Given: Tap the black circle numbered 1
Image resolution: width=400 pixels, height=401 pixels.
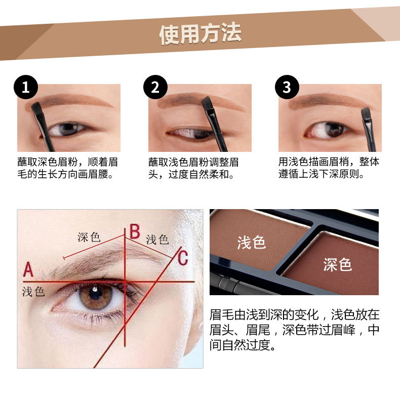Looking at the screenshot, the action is [26, 87].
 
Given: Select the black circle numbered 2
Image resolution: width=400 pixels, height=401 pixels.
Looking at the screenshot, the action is [155, 87].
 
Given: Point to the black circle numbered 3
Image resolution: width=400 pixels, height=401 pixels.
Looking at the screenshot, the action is [287, 87].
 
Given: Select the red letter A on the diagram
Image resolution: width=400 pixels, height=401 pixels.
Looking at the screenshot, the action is [28, 269].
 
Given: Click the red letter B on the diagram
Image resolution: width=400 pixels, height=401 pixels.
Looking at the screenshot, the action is [135, 231].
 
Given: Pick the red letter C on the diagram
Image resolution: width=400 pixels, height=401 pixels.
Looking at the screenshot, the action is [183, 258].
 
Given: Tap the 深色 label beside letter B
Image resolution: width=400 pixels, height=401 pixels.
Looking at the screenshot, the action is [89, 237].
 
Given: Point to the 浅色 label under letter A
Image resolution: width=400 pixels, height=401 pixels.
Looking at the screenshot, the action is [33, 292].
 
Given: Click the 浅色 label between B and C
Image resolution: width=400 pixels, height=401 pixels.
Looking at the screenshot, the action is [157, 240].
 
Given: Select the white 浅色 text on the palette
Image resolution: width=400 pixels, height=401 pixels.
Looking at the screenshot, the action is [252, 243].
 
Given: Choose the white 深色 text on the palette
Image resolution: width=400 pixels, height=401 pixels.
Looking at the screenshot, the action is [337, 264].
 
